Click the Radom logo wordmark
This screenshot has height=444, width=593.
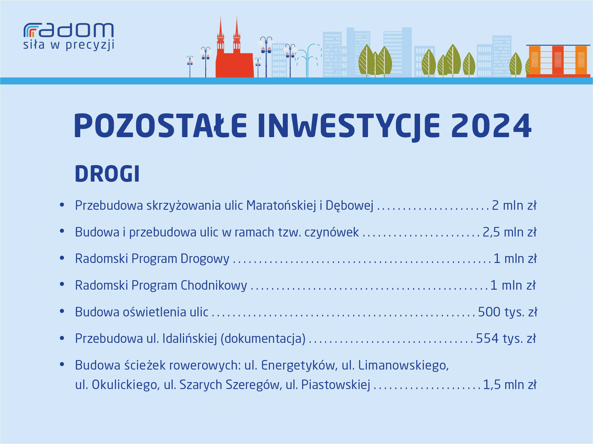[x=69, y=30]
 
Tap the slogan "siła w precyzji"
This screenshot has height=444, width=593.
[x=69, y=45]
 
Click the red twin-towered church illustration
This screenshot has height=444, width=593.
[x=234, y=49]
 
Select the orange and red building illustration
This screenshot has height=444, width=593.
[x=558, y=61]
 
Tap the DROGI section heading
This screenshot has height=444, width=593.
[x=107, y=174]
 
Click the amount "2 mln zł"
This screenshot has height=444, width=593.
[x=514, y=205]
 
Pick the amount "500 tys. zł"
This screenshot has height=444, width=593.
[x=507, y=312]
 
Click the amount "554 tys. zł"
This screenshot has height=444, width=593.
[x=506, y=339]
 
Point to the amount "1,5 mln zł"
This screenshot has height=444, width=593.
[x=510, y=385]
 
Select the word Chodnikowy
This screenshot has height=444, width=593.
[x=214, y=285]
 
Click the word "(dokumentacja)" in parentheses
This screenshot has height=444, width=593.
[x=263, y=339]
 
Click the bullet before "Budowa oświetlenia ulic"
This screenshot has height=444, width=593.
[x=62, y=311]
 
